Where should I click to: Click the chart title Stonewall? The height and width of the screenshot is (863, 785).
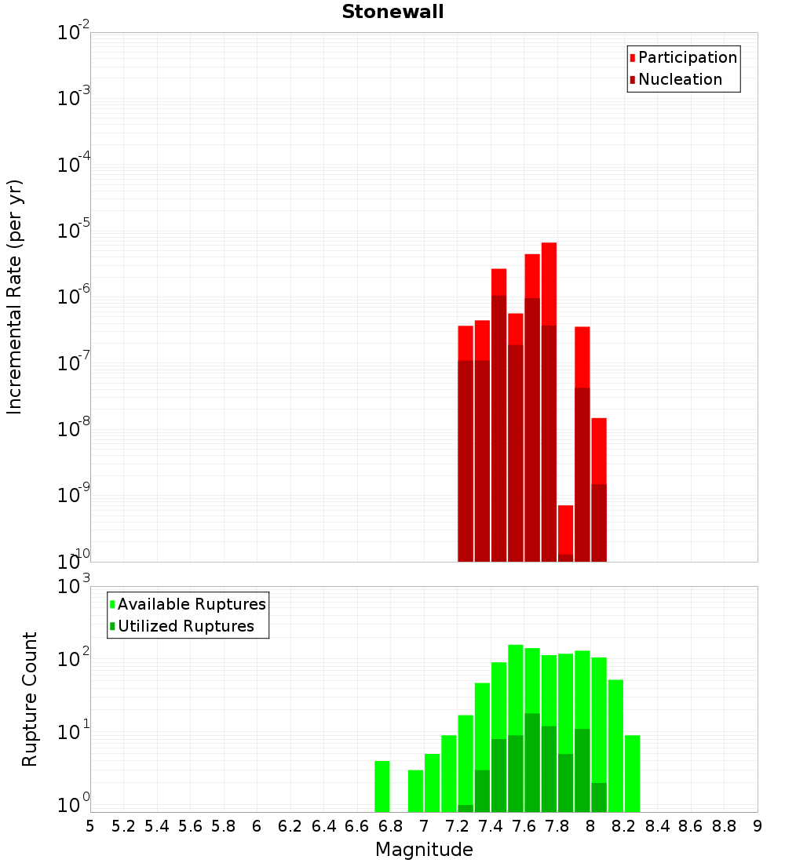pos(392,13)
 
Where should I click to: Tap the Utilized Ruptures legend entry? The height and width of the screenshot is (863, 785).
pos(185,626)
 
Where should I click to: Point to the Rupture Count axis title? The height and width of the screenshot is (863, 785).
pos(30,699)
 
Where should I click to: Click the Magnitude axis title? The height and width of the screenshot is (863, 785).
pos(424,850)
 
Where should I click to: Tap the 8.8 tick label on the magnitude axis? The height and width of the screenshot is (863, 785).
pos(724,826)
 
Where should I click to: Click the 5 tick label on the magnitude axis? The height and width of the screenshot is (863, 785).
pos(90,826)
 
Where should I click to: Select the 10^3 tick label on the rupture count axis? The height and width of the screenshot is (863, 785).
pos(73,585)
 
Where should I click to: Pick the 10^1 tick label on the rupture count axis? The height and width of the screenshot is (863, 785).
pos(73,734)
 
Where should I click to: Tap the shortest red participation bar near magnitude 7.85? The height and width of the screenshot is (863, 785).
pos(566,530)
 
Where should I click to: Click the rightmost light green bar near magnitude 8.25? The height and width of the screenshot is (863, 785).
pos(633,773)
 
